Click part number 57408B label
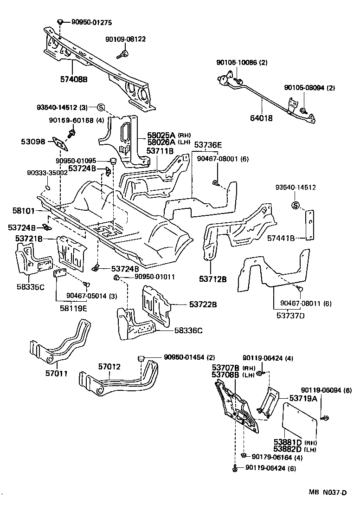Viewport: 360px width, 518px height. coord(73,79)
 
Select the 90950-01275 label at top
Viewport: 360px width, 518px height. coord(91,22)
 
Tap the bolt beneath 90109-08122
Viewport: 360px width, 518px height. coord(125,55)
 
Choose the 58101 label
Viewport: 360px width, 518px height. coord(22,210)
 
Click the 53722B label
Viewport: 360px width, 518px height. coord(203,304)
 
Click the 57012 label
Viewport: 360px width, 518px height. coord(109,367)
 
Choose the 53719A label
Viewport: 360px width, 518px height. coord(303,398)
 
